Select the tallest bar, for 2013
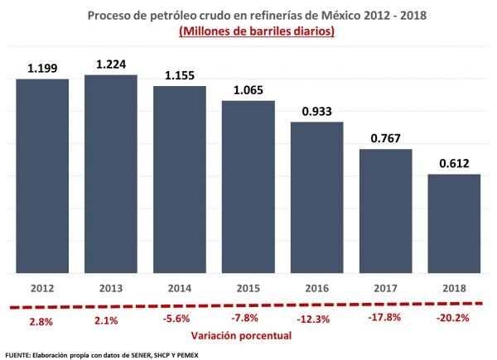[x=111, y=174]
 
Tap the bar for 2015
[x=248, y=186]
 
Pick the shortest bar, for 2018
[x=453, y=223]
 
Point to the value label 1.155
[x=179, y=74]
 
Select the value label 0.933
[x=316, y=111]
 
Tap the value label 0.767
[x=384, y=138]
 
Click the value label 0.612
[x=453, y=163]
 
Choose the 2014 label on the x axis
[x=179, y=287]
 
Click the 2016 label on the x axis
[x=316, y=287]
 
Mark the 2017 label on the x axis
[x=384, y=287]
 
